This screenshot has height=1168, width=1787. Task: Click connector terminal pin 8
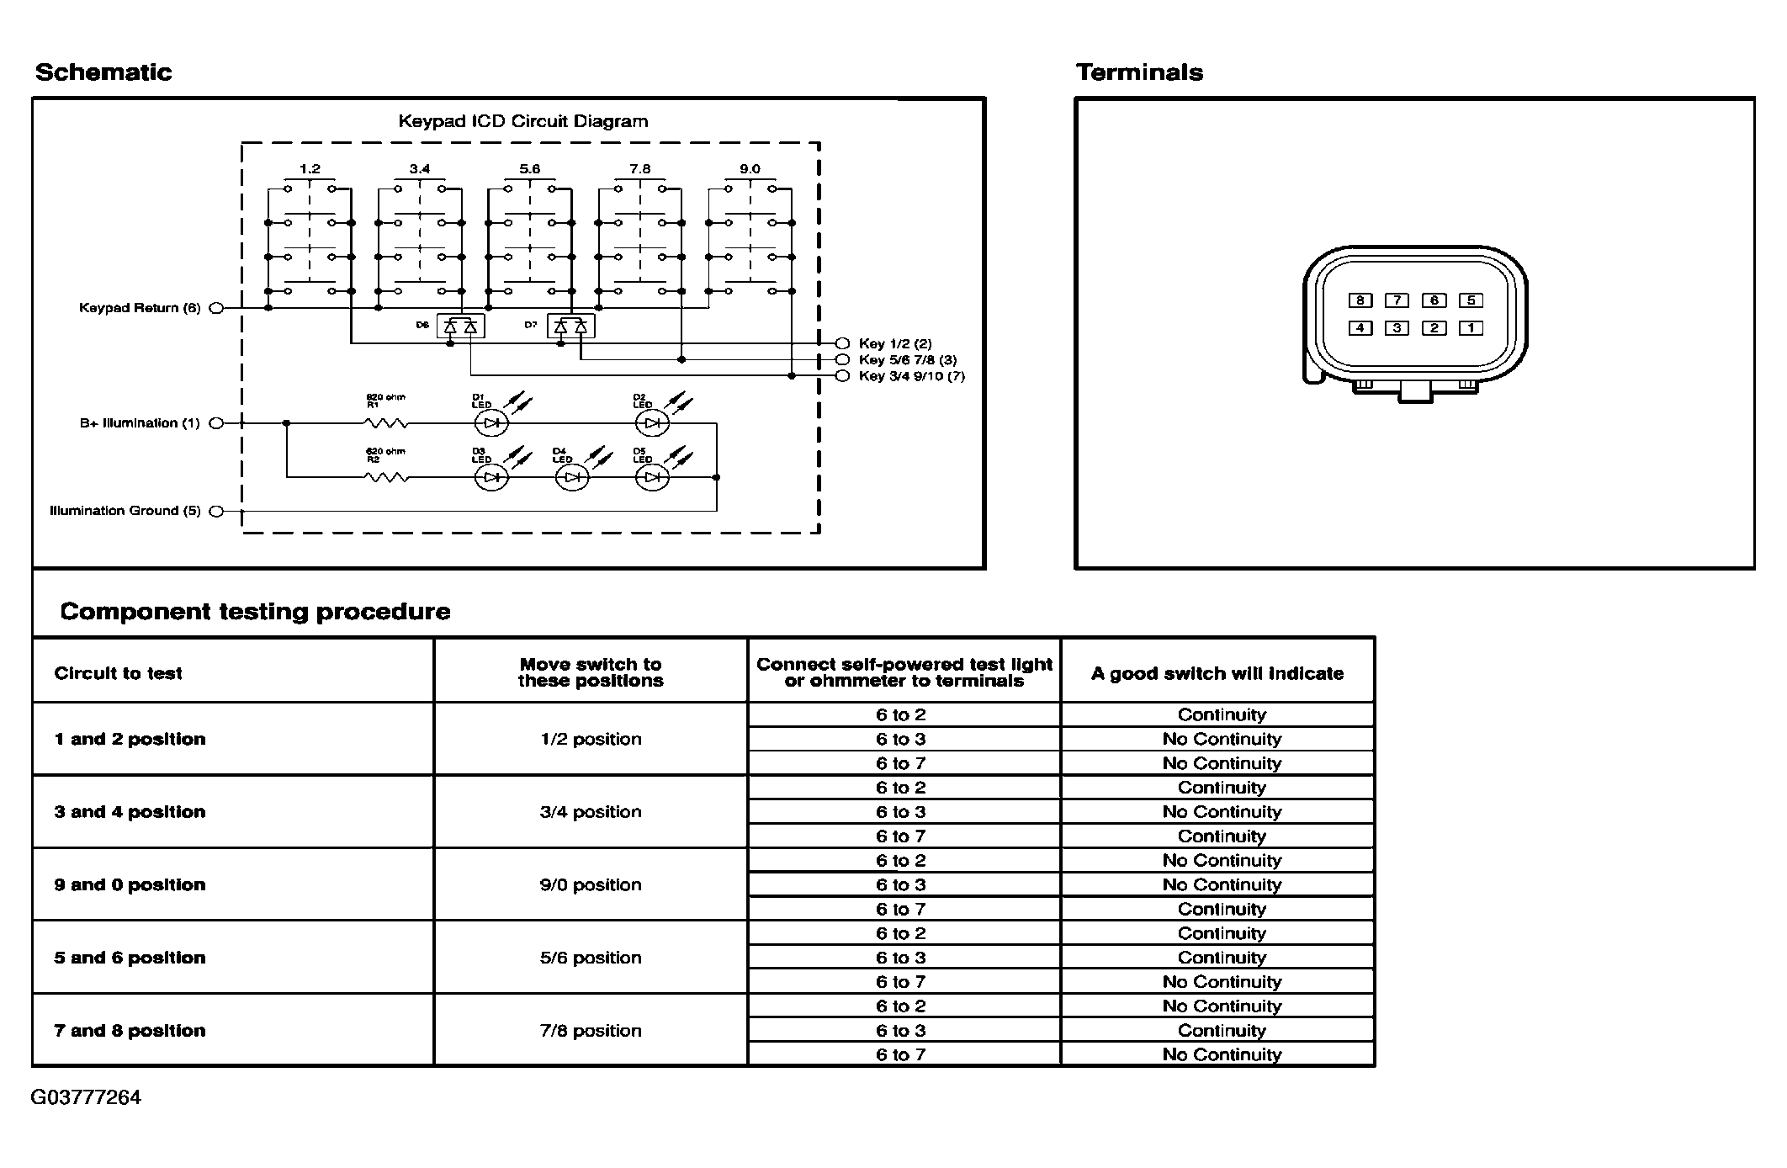(1360, 300)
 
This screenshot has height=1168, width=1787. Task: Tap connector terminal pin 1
(1471, 328)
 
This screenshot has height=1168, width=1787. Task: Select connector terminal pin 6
(1434, 300)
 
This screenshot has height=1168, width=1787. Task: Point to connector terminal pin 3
(1397, 328)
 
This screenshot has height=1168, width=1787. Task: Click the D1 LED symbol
(491, 423)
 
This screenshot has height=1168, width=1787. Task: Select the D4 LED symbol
(572, 478)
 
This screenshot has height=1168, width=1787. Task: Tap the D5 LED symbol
(652, 478)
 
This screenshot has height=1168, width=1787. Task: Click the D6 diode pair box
(460, 326)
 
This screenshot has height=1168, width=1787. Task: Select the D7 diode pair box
(570, 326)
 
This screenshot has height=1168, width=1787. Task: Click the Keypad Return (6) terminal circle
(216, 308)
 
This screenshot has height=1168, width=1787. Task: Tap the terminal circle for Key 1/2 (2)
(842, 343)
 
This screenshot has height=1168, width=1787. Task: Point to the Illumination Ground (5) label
(125, 511)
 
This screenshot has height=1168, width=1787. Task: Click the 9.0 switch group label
(750, 169)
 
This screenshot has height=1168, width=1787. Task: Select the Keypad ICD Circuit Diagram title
(523, 121)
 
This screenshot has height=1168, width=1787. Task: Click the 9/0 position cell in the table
(591, 884)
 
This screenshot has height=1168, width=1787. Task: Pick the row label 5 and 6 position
(130, 958)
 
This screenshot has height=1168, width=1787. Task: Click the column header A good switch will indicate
(1217, 673)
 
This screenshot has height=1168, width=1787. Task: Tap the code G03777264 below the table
(86, 1097)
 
